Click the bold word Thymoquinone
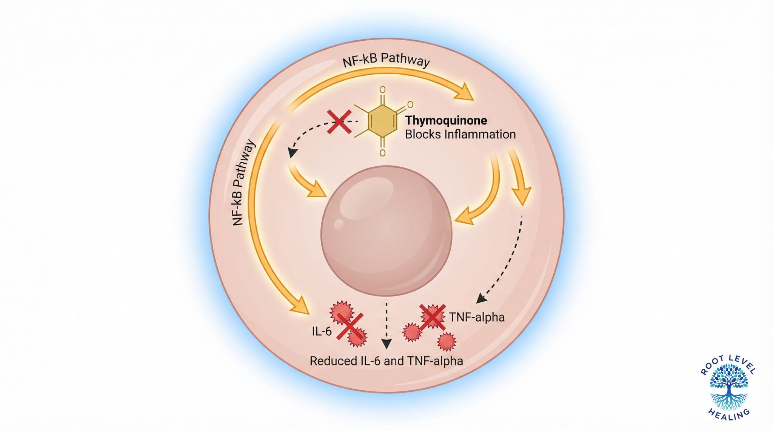pos(446,121)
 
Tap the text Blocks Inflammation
pos(460,135)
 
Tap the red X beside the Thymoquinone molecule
pos(339,122)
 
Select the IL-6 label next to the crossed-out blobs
pos(322,331)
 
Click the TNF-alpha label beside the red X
pos(477,317)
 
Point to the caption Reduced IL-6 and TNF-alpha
pos(386,361)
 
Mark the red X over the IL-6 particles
pos(350,327)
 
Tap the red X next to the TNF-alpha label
pos(433,317)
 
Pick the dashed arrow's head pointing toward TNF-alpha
pos(481,298)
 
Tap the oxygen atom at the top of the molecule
pos(382,90)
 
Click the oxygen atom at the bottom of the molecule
pos(382,153)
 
